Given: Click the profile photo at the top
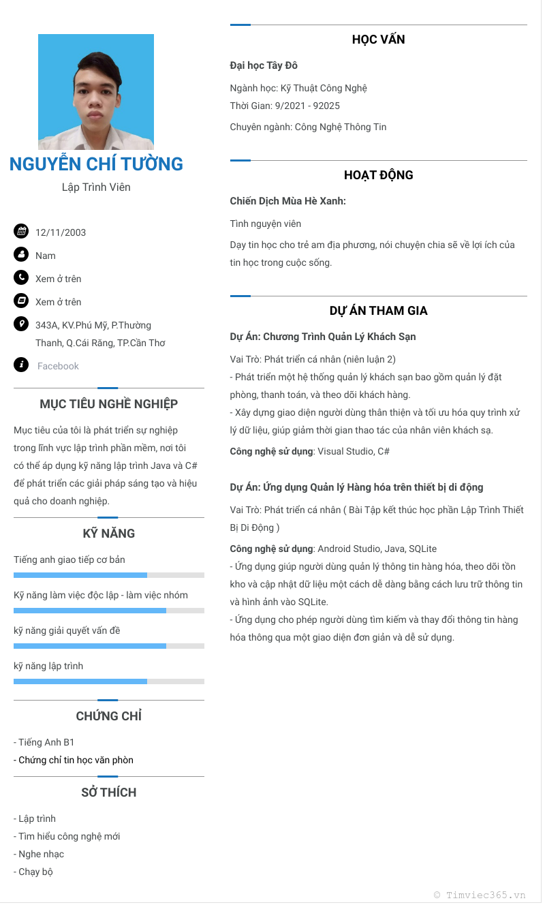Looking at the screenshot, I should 96,92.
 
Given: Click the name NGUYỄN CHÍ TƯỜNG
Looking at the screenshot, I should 96,164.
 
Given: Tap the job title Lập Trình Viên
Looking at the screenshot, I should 96,187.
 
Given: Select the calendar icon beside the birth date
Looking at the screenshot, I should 21,231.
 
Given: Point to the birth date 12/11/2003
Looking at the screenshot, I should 61,232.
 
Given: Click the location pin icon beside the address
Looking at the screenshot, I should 21,324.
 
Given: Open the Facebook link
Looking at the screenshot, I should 58,366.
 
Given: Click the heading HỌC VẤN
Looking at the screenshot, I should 378,40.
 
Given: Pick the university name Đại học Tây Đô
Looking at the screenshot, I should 264,65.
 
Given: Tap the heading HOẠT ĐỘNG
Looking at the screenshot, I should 378,175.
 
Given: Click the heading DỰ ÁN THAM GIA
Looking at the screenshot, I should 378,311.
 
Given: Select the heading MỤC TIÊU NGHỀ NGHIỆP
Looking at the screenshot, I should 109,404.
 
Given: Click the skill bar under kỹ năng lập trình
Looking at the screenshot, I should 109,681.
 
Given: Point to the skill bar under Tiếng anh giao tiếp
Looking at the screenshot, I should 109,575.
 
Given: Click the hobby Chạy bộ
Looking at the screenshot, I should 35,872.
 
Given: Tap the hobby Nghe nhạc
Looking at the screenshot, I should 41,854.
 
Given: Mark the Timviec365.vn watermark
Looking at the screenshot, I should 480,895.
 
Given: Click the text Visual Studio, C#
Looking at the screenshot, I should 354,451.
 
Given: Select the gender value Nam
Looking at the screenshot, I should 46,256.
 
